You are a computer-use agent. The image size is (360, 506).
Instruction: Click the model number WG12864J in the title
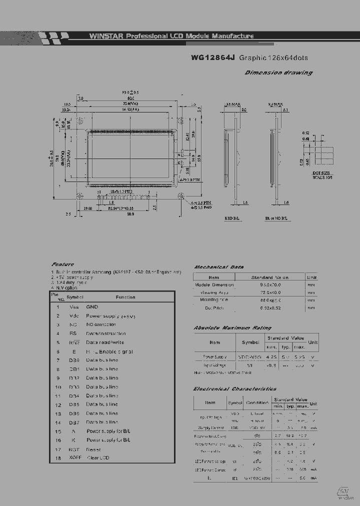212,57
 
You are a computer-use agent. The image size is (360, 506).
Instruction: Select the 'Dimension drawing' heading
278,72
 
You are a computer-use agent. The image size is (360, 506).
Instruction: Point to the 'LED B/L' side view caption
232,218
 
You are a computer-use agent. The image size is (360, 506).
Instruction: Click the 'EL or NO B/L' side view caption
277,218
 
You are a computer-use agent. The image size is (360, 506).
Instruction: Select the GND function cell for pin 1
92,307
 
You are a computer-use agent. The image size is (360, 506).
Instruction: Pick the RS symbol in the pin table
73,333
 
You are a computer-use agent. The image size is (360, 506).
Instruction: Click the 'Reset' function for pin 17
93,449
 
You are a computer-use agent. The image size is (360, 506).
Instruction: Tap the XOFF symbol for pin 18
75,457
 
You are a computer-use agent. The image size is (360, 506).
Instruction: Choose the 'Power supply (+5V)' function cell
110,316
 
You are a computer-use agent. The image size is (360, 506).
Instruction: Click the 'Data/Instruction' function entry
106,333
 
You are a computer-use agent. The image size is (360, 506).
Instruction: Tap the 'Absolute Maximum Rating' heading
232,327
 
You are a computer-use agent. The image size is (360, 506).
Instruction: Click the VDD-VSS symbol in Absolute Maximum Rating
250,357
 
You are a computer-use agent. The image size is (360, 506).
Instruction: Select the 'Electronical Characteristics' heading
234,388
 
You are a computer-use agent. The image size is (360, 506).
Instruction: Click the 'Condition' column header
257,402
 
